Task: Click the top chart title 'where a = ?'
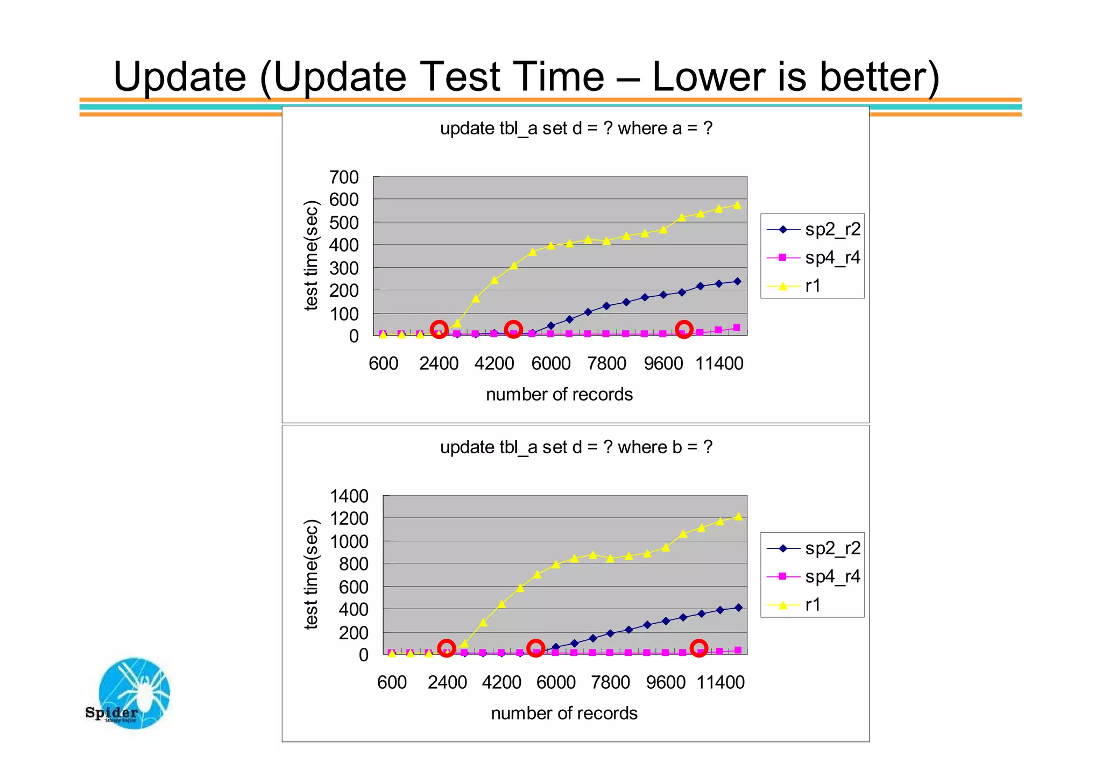576,129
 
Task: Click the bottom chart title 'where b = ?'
576,447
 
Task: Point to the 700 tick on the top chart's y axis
344,177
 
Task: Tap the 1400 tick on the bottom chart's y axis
349,496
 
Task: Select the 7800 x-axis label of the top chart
606,364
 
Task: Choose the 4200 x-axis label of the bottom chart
501,683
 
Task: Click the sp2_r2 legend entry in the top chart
813,230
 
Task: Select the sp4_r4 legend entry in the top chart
813,258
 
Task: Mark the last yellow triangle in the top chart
737,205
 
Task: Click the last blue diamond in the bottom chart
738,608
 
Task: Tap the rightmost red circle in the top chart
683,330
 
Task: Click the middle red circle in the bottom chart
535,648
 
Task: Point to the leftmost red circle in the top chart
439,330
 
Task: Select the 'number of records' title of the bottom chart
564,713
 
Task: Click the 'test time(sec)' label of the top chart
312,255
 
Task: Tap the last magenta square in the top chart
737,328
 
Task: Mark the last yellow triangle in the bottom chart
738,517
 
